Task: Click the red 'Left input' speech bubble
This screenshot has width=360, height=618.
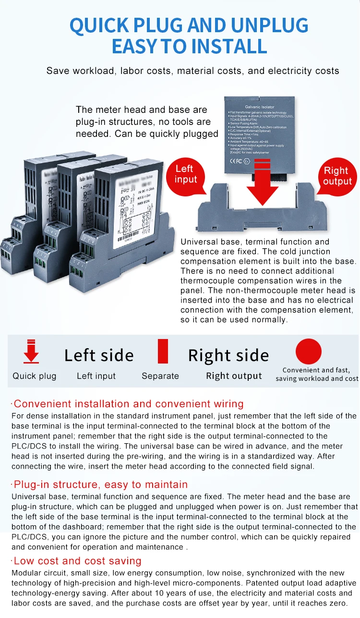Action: (185, 174)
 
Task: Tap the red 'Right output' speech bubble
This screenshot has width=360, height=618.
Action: (337, 176)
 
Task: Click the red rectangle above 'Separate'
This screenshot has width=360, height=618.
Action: (163, 351)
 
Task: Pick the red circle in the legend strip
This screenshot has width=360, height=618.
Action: (309, 351)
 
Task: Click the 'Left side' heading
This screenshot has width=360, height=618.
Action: (99, 355)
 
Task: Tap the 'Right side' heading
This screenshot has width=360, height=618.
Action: (228, 355)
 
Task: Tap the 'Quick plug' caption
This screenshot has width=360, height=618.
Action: (35, 376)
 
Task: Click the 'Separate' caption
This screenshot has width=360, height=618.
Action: (160, 376)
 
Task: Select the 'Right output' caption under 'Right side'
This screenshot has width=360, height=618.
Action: (234, 376)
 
